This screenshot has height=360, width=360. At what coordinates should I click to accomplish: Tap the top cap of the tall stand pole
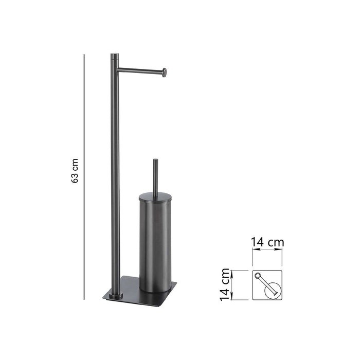114,55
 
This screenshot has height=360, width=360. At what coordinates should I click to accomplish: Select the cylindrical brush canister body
156,242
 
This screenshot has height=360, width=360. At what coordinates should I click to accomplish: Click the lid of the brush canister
156,194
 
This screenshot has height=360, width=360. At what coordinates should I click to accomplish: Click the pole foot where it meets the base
115,295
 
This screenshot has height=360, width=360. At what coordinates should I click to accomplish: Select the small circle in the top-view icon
259,276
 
